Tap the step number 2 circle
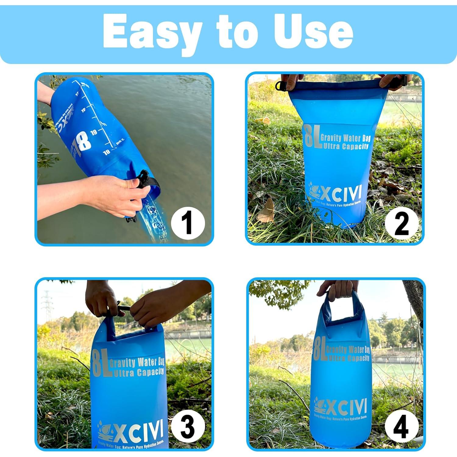coord(401,224)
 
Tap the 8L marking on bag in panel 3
coord(101,364)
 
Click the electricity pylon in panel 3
coord(48,305)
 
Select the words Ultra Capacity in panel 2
coord(346,147)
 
